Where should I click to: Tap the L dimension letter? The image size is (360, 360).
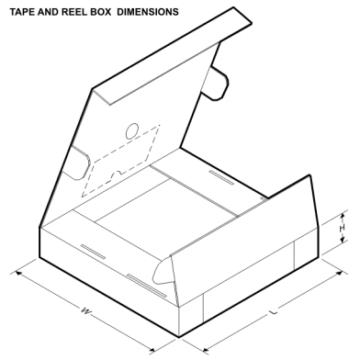point(273,313)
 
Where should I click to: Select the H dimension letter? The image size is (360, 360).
point(343,228)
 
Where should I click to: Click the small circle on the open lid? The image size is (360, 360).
point(131,129)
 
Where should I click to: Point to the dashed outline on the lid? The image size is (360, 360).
point(119,161)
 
